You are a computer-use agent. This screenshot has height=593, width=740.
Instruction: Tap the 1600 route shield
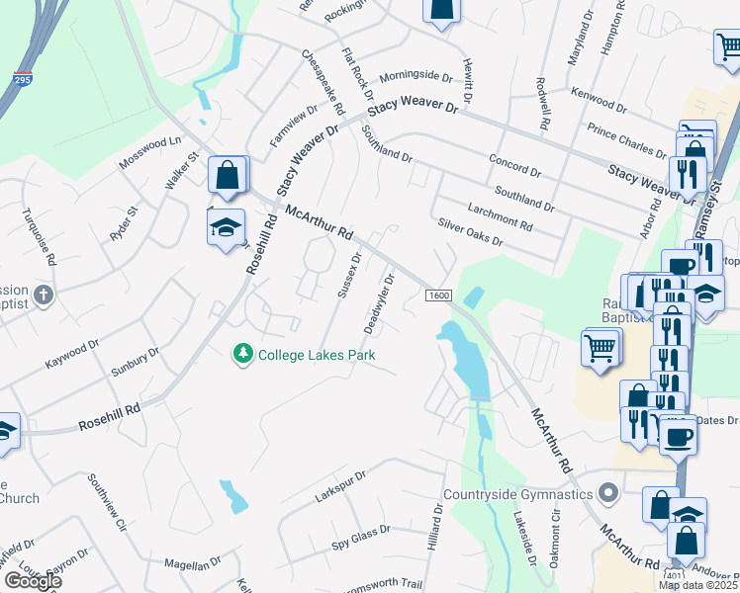[x=440, y=296]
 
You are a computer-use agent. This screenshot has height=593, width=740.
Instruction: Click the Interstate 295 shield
[x=22, y=77]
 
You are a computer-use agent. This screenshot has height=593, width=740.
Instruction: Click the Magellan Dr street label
[x=193, y=564]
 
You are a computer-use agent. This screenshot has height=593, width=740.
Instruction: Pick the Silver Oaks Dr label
[x=471, y=233]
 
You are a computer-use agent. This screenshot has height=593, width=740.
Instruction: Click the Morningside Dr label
[x=416, y=75]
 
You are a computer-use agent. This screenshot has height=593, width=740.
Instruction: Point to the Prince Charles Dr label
[x=626, y=139]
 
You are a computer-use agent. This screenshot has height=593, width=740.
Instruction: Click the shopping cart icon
[x=601, y=348]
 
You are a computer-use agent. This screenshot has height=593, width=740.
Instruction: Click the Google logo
[x=33, y=581]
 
